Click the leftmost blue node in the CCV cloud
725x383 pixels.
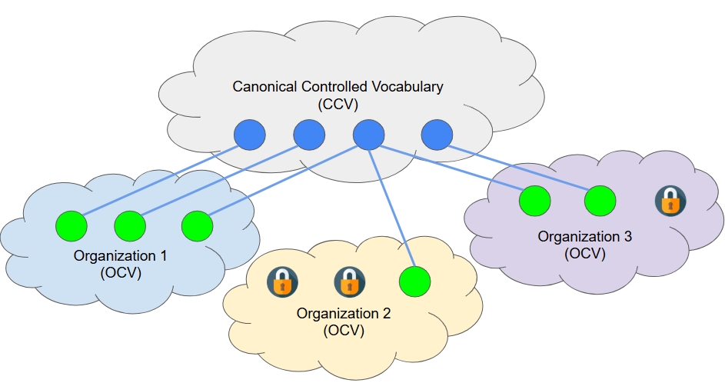[x=249, y=135]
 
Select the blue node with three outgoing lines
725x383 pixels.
[x=368, y=135]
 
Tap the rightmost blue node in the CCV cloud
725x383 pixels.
[x=436, y=135]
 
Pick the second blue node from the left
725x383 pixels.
[x=309, y=135]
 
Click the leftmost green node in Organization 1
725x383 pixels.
[x=72, y=226]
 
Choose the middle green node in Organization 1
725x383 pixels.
[x=130, y=226]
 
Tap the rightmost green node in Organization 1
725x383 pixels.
[x=197, y=226]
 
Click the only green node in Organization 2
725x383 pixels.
[x=415, y=281]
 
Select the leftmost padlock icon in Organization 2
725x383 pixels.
[x=282, y=282]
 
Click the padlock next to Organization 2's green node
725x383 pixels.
[x=349, y=282]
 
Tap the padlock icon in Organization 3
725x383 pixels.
[x=670, y=201]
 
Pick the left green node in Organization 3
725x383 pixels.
[x=534, y=201]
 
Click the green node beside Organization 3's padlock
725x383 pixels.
[x=600, y=201]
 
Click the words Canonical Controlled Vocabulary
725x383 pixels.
[x=338, y=86]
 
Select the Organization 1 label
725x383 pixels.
[x=120, y=255]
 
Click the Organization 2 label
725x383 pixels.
[x=344, y=314]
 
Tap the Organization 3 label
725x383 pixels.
[x=584, y=236]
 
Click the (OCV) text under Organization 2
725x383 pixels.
[x=343, y=331]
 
